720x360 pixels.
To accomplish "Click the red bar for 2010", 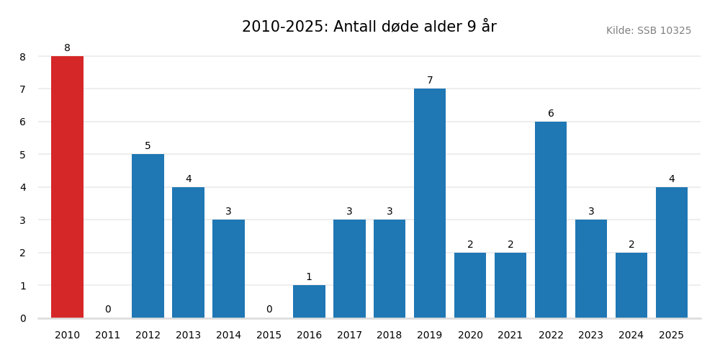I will tap(67, 187).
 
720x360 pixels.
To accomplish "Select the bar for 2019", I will tap(430, 203).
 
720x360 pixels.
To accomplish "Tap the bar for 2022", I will tap(551, 220).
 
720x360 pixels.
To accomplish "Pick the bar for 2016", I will tap(309, 302).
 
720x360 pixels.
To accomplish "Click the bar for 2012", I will tap(148, 236).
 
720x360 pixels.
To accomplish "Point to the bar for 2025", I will tap(672, 252).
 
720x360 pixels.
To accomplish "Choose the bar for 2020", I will tap(470, 285).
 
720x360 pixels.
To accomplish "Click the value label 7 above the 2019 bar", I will tap(430, 81).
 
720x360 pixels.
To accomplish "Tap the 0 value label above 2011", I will tap(108, 310).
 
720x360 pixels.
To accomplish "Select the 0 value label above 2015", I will tap(269, 310).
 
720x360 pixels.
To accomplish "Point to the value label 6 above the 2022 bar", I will tap(551, 114).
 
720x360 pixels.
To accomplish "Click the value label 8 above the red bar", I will tap(67, 48).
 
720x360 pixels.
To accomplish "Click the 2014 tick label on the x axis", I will tap(228, 336).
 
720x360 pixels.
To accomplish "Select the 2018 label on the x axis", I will tap(390, 336).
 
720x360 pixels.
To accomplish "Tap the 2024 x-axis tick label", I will tap(631, 336).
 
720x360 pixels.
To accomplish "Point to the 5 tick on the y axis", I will tap(23, 155).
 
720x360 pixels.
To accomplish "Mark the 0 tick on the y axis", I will tap(23, 318).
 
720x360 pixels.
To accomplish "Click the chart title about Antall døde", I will tap(369, 27).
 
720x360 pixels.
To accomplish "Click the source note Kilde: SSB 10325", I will tap(648, 31).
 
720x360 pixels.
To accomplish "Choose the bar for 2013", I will tap(188, 252).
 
